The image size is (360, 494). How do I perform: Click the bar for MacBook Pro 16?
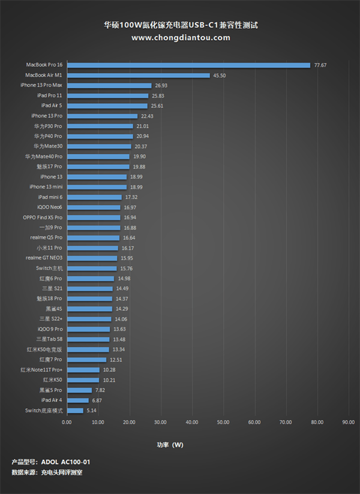pyautogui.click(x=188, y=65)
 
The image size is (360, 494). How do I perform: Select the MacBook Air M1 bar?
pyautogui.click(x=138, y=75)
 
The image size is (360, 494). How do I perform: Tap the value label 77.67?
pyautogui.click(x=320, y=65)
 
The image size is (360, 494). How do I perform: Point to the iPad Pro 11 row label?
pyautogui.click(x=50, y=95)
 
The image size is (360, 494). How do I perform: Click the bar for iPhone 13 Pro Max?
pyautogui.click(x=109, y=85)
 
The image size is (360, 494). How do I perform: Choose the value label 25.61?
pyautogui.click(x=157, y=106)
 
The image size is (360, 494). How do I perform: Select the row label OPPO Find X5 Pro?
pyautogui.click(x=43, y=218)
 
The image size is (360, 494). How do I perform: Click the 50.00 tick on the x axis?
pyautogui.click(x=223, y=422)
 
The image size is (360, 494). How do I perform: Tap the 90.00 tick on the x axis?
pyautogui.click(x=349, y=422)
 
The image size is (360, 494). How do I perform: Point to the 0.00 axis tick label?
pyautogui.click(x=67, y=422)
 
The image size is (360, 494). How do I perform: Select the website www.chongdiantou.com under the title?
pyautogui.click(x=180, y=37)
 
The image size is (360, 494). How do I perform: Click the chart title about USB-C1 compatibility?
pyautogui.click(x=180, y=25)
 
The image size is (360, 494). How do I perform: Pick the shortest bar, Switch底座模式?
pyautogui.click(x=75, y=411)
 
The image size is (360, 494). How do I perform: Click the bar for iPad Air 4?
pyautogui.click(x=77, y=400)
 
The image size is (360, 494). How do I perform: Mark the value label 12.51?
pyautogui.click(x=116, y=360)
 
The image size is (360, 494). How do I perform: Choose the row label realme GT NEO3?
pyautogui.click(x=44, y=258)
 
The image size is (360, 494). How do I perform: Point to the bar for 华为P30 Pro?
pyautogui.click(x=100, y=126)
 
